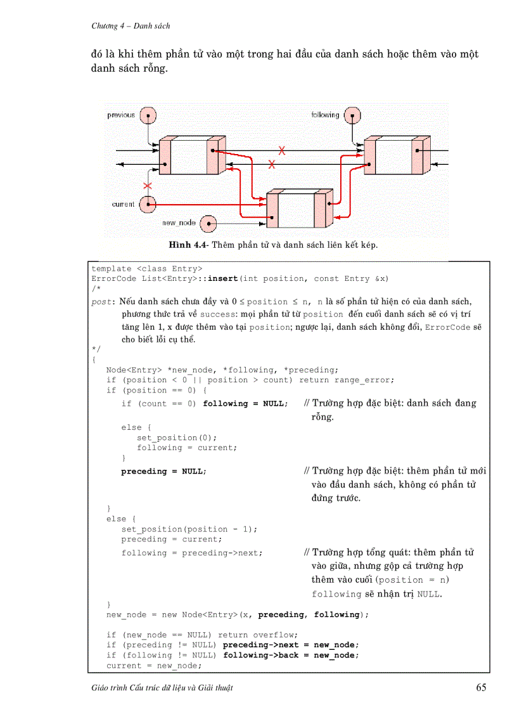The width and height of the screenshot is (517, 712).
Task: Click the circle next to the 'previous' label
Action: point(148,115)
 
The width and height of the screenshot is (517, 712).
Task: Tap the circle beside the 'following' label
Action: point(352,115)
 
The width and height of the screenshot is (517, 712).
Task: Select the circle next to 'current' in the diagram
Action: point(148,204)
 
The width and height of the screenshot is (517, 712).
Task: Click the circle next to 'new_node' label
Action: point(208,223)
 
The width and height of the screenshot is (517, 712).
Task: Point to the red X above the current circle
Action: point(148,186)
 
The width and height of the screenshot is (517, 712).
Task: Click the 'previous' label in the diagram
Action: point(121,115)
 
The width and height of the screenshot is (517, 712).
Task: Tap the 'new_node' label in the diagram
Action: point(179,223)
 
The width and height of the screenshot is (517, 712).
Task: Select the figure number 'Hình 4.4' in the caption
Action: point(188,244)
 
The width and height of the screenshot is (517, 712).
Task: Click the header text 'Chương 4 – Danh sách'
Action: point(131,26)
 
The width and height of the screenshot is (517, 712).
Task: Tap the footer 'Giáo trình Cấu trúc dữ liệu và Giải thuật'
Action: point(162,689)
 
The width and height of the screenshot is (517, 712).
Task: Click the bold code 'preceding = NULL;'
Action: point(164,471)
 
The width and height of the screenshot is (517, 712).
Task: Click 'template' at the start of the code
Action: point(112,269)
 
